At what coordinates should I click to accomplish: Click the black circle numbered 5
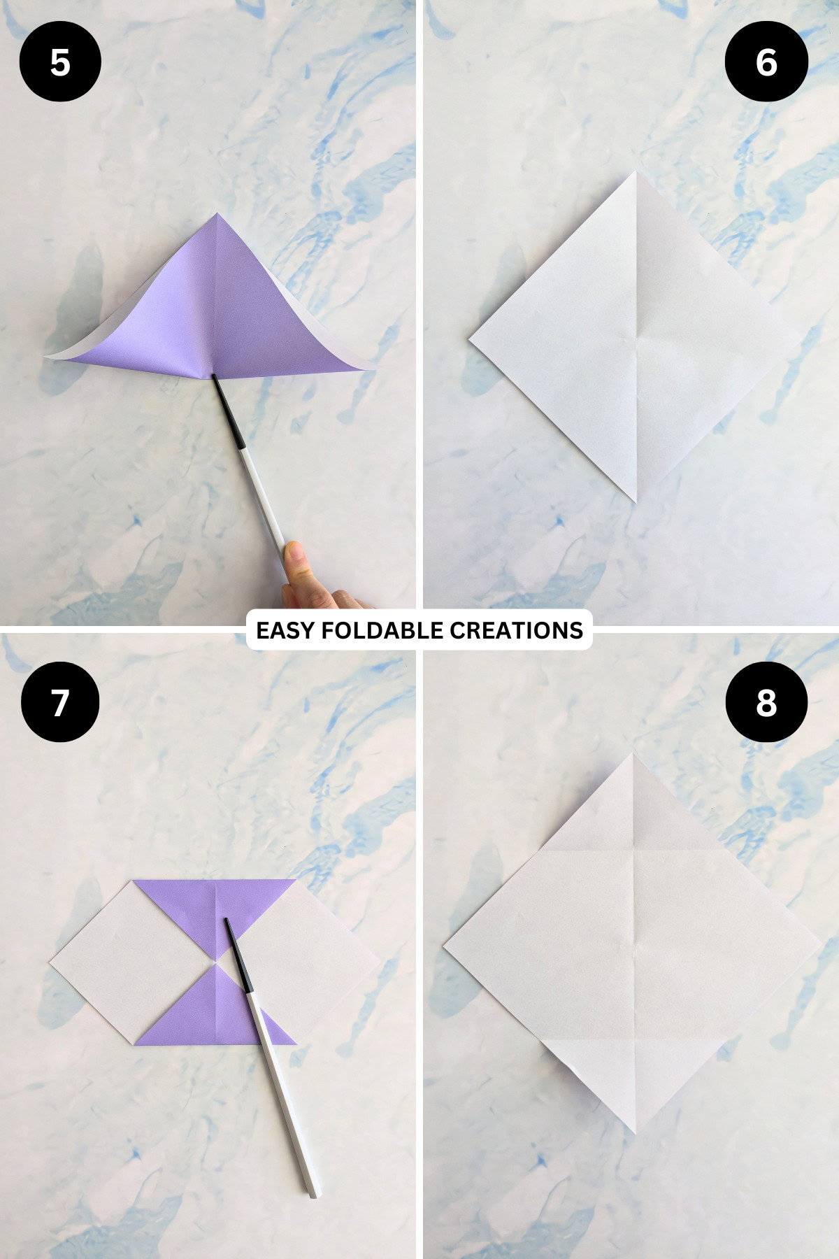coord(60,62)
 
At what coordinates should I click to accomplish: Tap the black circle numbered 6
coord(766,62)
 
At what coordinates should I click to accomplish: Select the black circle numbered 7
coord(60,702)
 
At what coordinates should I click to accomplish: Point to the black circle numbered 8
coord(766,702)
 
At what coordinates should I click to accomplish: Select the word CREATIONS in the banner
coord(516,630)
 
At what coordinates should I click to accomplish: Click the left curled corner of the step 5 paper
coord(49,357)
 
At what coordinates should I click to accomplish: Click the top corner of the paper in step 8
coord(633,755)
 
